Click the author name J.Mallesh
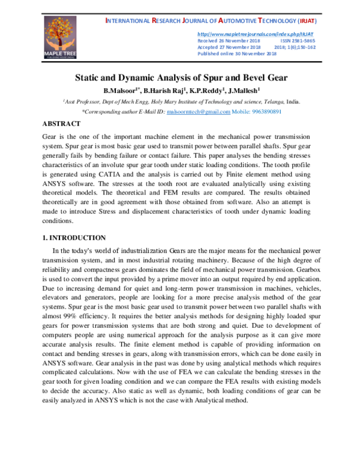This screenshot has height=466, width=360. [x=242, y=91]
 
